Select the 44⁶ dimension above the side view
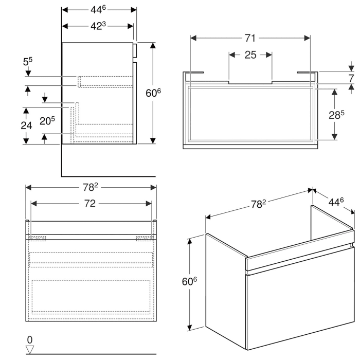[99, 9]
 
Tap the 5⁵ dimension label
[28, 62]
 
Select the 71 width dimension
[250, 38]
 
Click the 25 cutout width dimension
[250, 55]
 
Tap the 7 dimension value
[351, 79]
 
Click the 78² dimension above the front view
[91, 187]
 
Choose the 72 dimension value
[90, 204]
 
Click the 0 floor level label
[30, 340]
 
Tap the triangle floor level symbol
[30, 350]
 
